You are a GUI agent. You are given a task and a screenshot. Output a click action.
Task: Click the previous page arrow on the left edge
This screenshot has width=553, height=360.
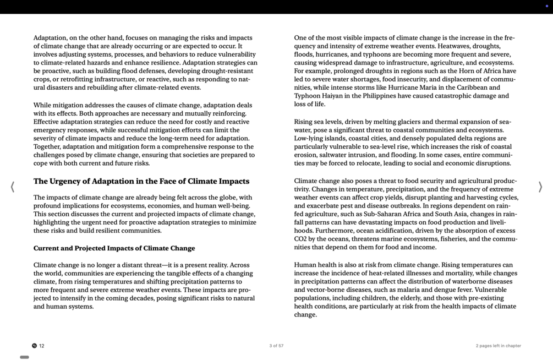(12, 187)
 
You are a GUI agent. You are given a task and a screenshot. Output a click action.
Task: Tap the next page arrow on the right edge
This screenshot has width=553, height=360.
(540, 187)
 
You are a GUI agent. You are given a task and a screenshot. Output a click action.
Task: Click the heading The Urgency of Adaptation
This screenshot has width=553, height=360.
(141, 181)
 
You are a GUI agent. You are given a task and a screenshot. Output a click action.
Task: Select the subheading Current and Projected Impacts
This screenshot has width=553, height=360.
(114, 248)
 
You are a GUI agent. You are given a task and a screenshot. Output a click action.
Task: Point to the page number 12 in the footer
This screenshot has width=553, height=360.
(42, 346)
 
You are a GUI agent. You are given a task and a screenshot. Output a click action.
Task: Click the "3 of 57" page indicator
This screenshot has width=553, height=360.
(276, 346)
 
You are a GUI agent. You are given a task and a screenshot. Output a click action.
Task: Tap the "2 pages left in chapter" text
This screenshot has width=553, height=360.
(498, 346)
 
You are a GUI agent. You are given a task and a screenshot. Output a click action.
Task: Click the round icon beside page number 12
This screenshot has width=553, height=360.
(34, 346)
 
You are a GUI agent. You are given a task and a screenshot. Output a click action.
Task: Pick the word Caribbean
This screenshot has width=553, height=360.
(468, 88)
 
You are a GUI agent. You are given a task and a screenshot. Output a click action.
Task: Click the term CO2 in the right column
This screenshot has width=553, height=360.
(300, 239)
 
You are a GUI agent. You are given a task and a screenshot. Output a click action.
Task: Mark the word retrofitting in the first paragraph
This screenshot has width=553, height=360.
(70, 79)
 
